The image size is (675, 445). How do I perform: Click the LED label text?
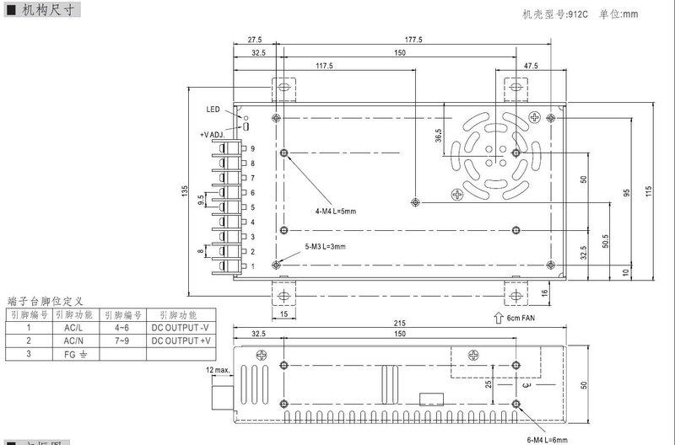pyautogui.click(x=213, y=110)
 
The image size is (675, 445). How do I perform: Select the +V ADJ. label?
pyautogui.click(x=215, y=135)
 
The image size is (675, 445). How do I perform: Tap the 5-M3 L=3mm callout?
pyautogui.click(x=326, y=246)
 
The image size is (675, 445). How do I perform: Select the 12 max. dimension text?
pyautogui.click(x=219, y=370)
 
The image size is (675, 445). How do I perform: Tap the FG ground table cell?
pyautogui.click(x=75, y=355)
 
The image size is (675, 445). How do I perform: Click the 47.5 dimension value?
pyautogui.click(x=531, y=66)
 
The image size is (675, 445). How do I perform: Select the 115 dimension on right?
pyautogui.click(x=649, y=191)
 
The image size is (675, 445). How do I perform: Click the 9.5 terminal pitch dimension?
pyautogui.click(x=199, y=201)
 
